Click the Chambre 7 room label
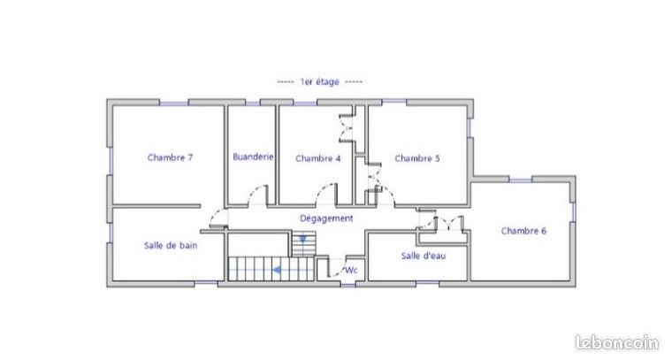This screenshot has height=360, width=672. (x=170, y=157)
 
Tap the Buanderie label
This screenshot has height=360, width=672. (x=253, y=157)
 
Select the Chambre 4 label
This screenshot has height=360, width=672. (x=318, y=158)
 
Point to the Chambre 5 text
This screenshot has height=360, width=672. (x=417, y=158)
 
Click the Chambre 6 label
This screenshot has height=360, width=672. (x=523, y=231)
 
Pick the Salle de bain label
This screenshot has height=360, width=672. (x=171, y=246)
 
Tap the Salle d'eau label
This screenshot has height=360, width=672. (x=424, y=256)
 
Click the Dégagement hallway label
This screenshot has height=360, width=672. (x=326, y=218)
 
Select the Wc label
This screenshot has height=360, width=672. (x=351, y=271)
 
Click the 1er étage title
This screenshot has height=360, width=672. (x=320, y=81)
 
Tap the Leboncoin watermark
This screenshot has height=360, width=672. (x=617, y=343)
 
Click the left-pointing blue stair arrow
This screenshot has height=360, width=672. (x=278, y=270)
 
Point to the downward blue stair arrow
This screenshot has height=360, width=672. (x=303, y=238)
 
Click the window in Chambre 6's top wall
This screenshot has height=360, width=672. (x=520, y=180)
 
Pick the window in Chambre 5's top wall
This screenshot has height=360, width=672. (x=393, y=102)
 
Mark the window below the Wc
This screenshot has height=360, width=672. (x=348, y=285)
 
